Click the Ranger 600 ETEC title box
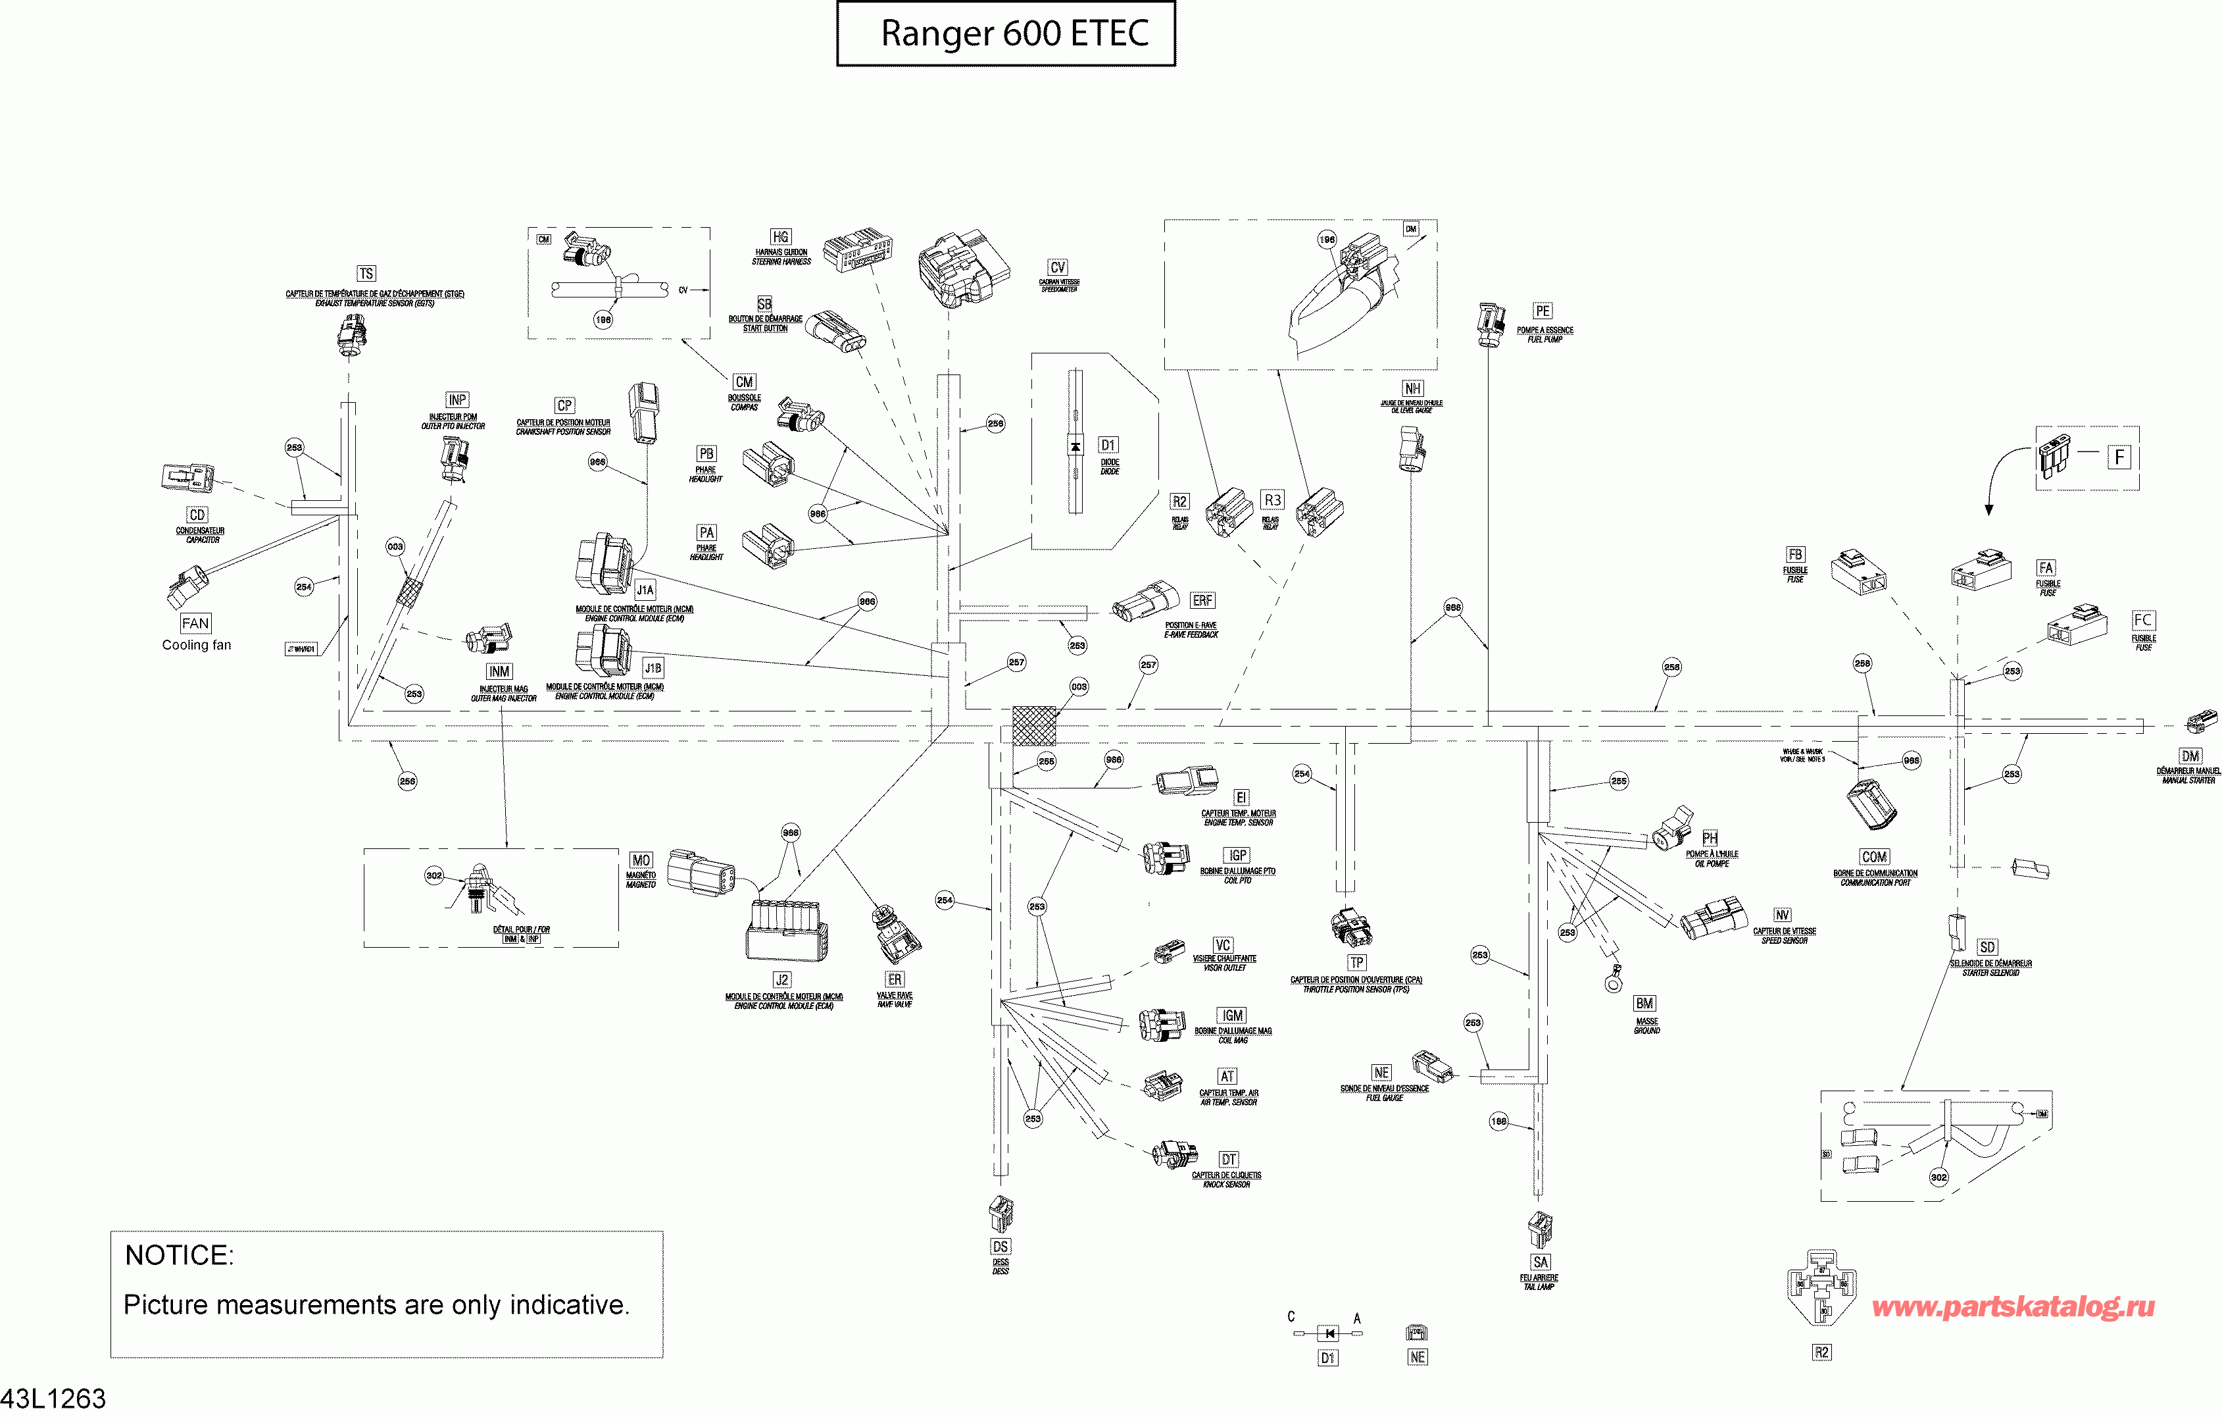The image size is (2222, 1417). [1006, 33]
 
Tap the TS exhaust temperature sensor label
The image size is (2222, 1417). [366, 273]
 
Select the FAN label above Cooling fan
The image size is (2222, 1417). [195, 623]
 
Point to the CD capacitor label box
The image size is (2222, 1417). [197, 514]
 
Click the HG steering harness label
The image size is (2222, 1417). [781, 237]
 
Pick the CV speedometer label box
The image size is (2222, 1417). [1058, 267]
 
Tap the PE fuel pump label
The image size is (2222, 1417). [1543, 311]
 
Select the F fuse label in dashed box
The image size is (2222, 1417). [2119, 456]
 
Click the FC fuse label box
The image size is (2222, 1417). [2142, 619]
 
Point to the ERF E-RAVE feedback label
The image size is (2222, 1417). [1202, 600]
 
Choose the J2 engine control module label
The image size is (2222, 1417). [781, 979]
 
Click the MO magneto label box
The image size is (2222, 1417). [641, 860]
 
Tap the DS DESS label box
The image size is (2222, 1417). [1000, 1247]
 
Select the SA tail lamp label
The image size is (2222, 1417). [1540, 1262]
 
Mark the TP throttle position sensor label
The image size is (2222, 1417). [1356, 962]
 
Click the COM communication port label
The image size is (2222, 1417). [1874, 857]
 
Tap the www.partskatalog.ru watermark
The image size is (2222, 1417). [2013, 1306]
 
